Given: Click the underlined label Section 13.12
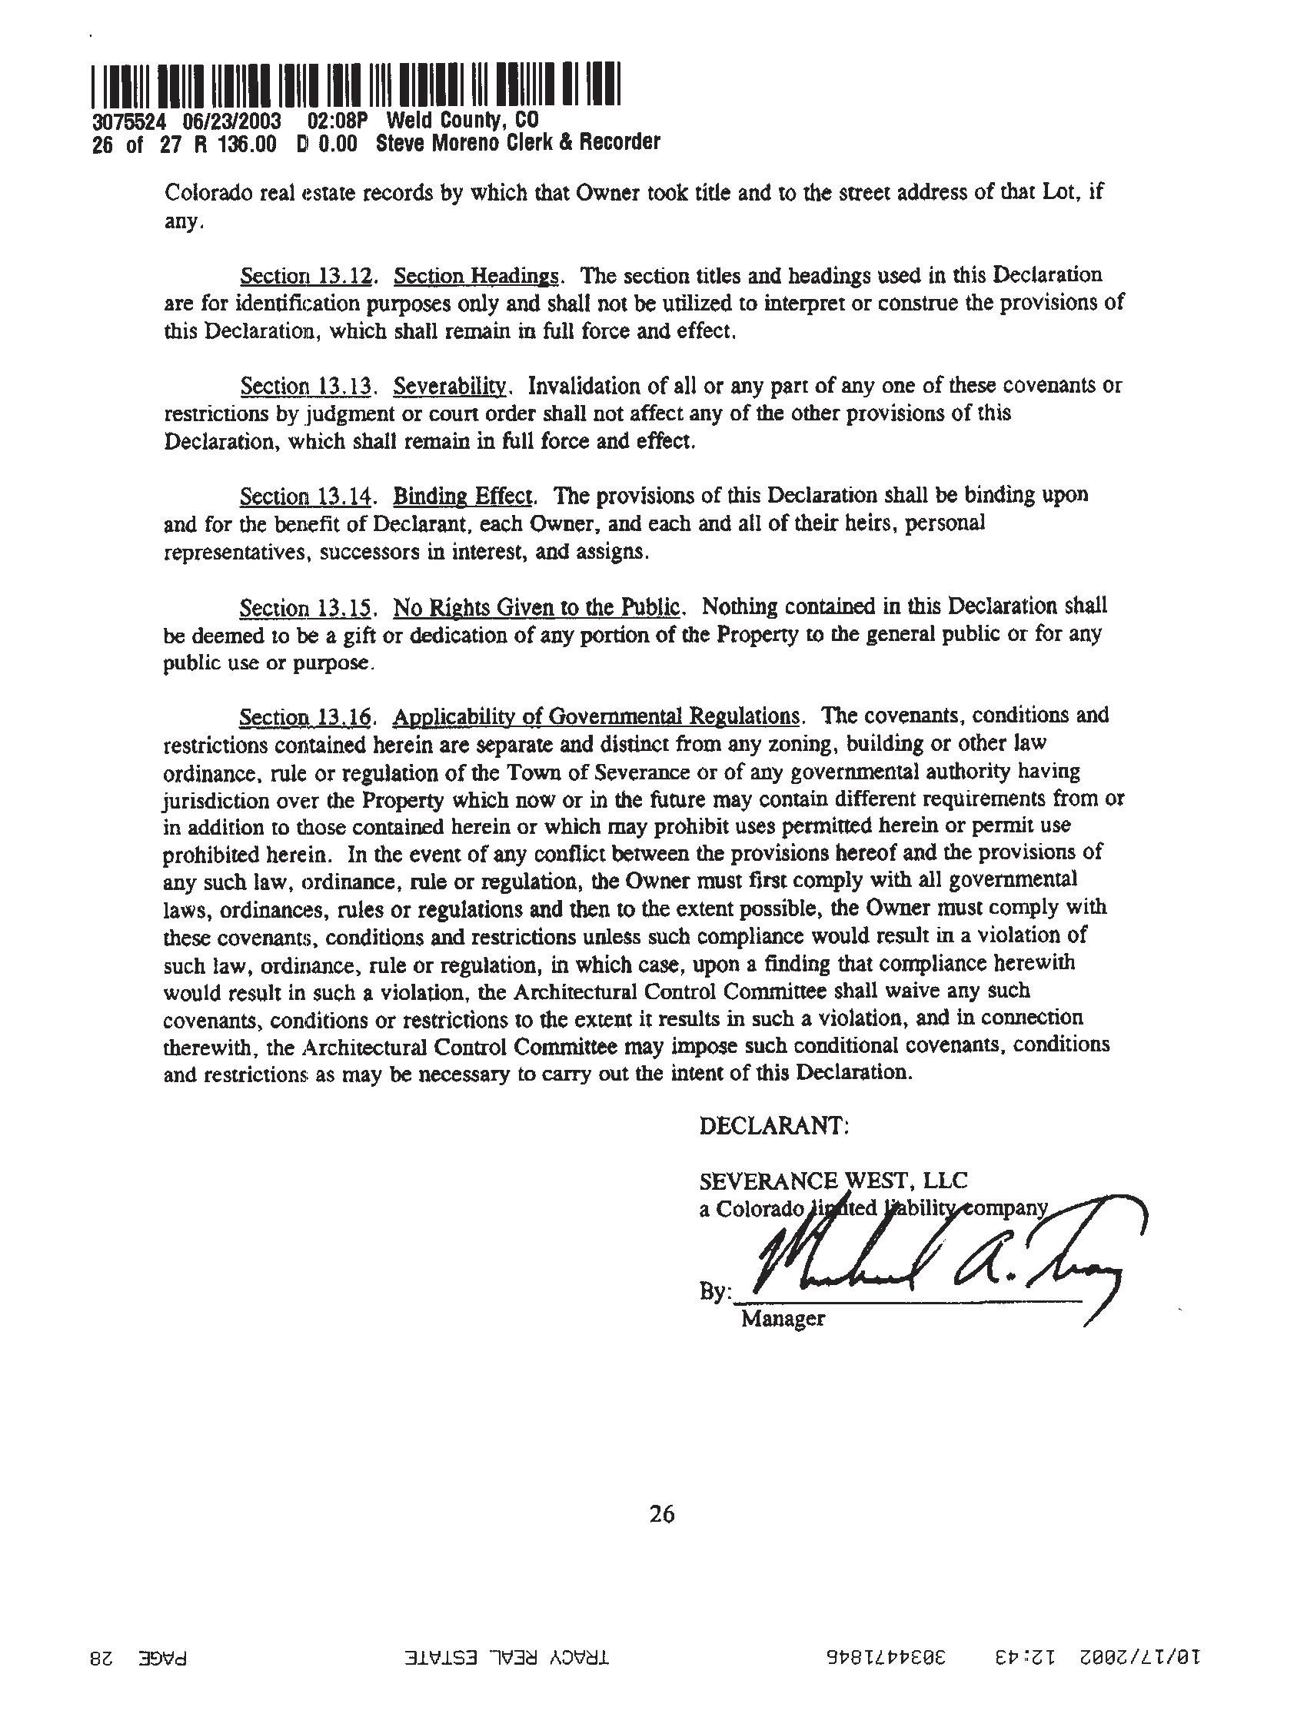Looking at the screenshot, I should pos(304,276).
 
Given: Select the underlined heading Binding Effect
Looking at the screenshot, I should pos(464,496).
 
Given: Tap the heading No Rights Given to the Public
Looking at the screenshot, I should pos(539,606).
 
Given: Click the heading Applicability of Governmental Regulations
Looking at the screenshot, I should pos(597,716).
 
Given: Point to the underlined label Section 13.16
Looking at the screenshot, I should pos(304,716).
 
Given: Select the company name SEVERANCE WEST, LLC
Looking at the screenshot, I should pos(833,1180).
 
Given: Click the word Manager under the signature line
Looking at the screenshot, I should pos(783,1319).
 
